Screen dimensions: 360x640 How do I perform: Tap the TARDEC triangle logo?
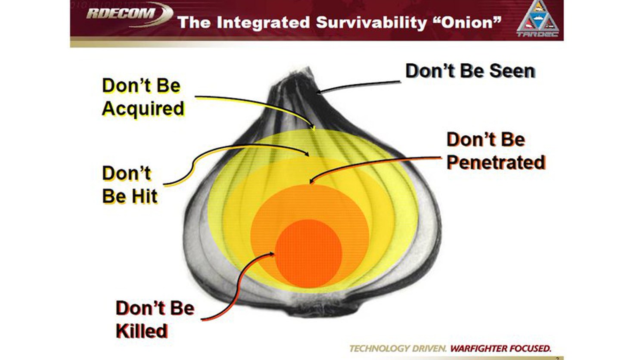[538, 19]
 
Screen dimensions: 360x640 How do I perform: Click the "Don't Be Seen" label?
[470, 71]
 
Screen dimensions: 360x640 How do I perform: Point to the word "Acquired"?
[143, 109]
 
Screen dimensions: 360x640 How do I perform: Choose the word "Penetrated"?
[496, 162]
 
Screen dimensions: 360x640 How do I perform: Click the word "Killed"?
[142, 331]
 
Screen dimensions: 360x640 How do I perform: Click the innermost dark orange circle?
[308, 253]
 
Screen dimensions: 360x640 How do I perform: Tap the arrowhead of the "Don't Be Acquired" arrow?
[314, 128]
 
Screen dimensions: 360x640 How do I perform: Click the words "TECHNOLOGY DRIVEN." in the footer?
[398, 348]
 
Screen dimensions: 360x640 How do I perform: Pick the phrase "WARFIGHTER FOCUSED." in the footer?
[500, 348]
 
